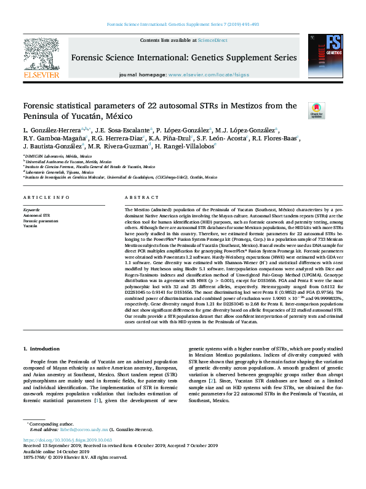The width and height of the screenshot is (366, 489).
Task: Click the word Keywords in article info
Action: click(31, 211)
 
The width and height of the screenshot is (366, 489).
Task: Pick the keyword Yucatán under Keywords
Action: click(31, 226)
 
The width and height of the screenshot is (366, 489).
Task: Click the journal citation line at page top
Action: click(183, 24)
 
